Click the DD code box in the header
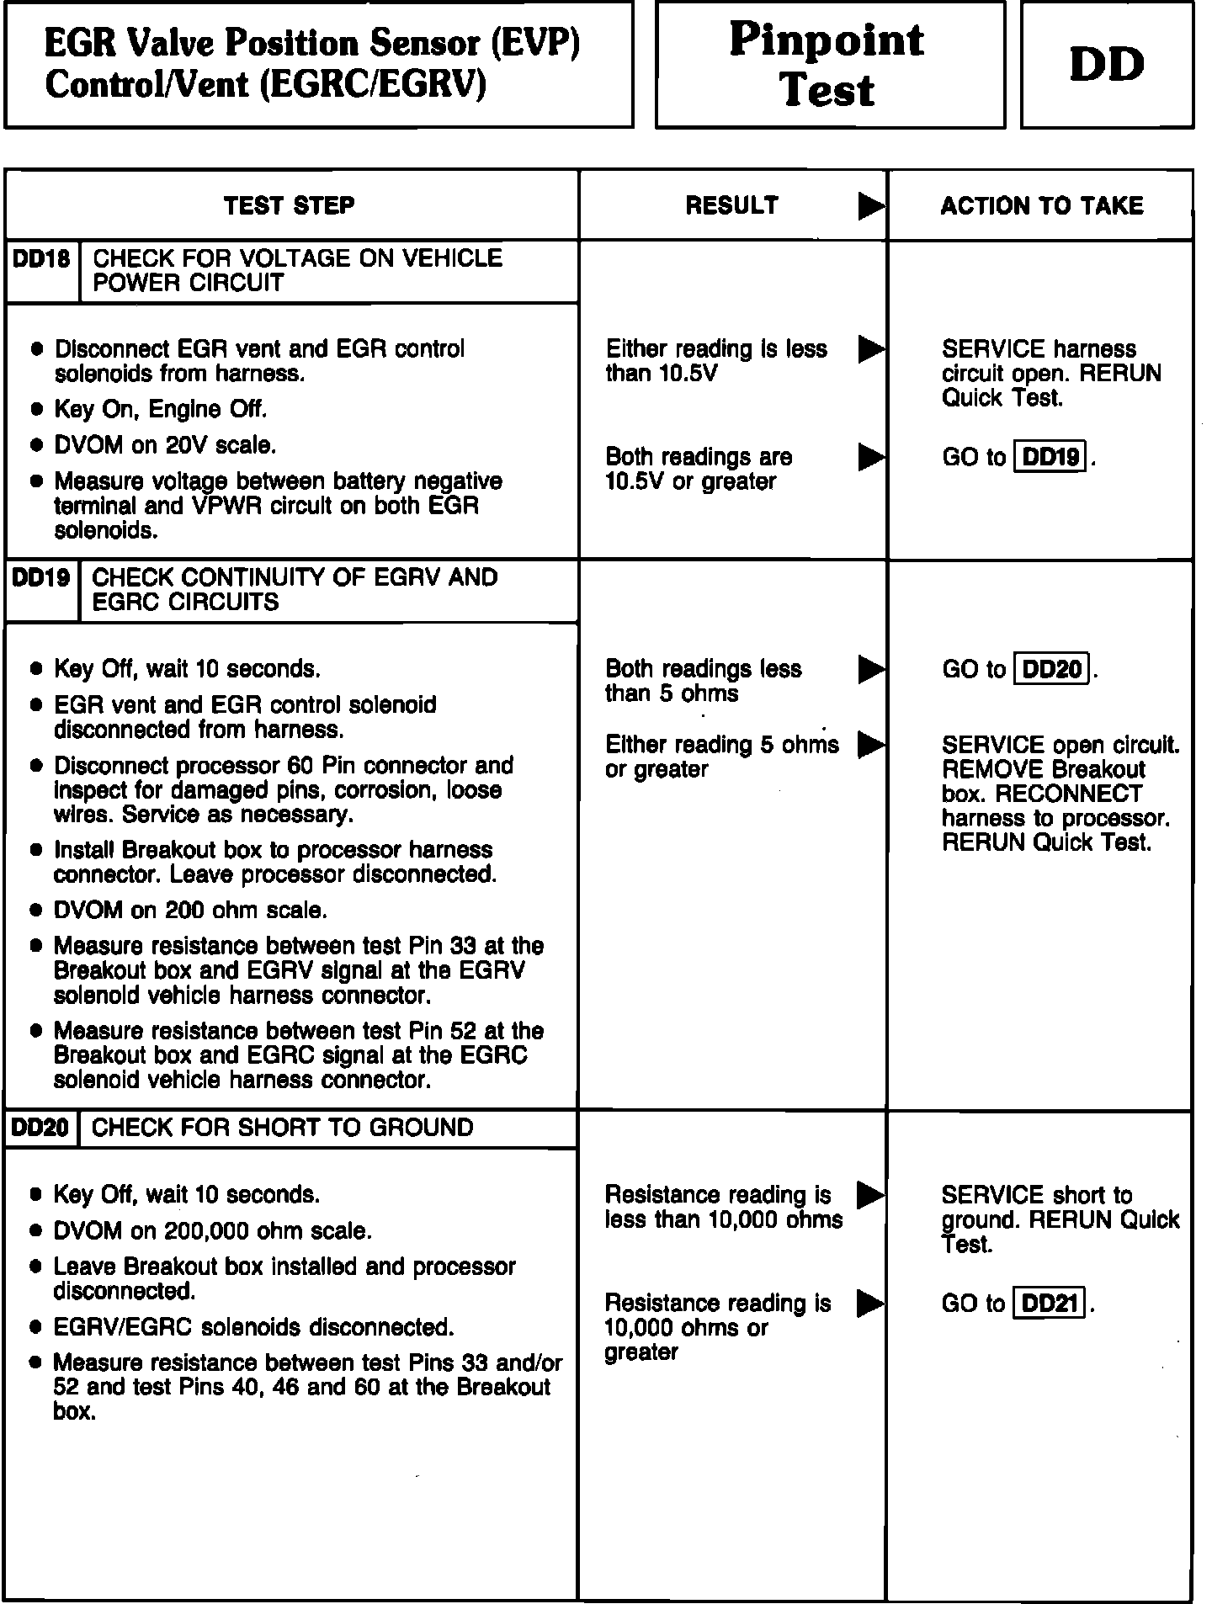pos(1107,65)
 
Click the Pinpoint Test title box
pos(829,65)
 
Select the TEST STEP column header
pos(290,205)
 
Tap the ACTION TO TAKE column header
pos(1042,205)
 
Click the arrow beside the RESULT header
pos(871,206)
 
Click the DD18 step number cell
pos(41,259)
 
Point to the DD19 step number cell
pos(41,578)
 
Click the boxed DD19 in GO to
pos(1052,457)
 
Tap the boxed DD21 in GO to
pos(1050,1304)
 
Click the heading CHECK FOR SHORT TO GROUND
pos(282,1128)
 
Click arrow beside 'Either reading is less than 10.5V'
pos(871,349)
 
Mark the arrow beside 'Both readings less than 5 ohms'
pos(871,670)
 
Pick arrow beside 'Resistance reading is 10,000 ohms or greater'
pos(870,1304)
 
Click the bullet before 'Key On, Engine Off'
pos(36,410)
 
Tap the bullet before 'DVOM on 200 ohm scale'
pos(36,911)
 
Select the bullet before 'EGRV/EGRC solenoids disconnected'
pos(36,1327)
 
